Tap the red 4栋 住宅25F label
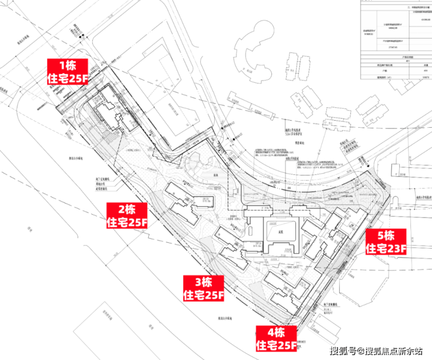pyautogui.click(x=276, y=339)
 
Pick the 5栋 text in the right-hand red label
pyautogui.click(x=385, y=236)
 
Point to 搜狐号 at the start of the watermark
pyautogui.click(x=344, y=350)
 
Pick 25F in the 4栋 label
pyautogui.click(x=286, y=345)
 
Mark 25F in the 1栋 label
pyautogui.click(x=77, y=79)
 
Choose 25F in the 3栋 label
pyautogui.click(x=214, y=296)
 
